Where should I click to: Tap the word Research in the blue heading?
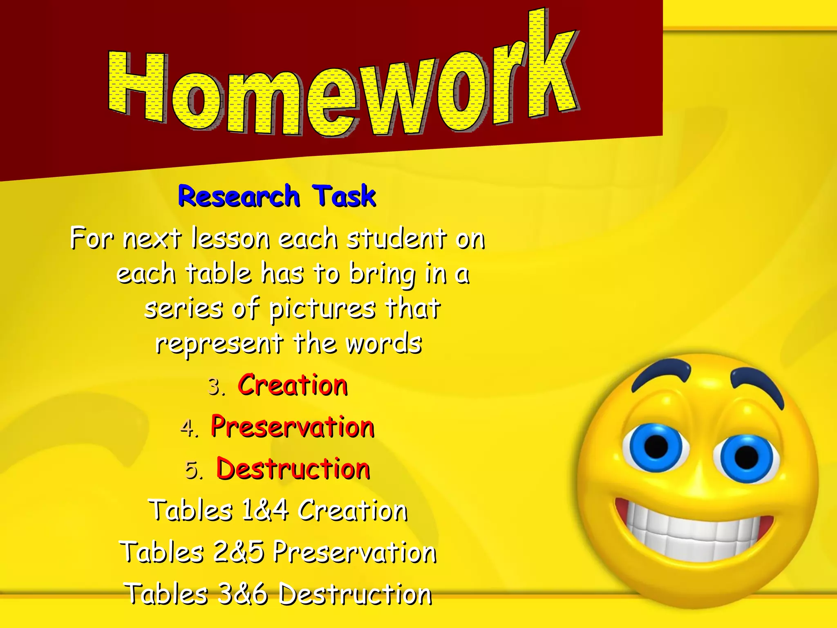(239, 196)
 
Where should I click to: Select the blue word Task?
(344, 196)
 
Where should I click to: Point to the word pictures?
(322, 310)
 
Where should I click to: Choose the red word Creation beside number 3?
(293, 385)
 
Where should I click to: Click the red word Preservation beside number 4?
(293, 427)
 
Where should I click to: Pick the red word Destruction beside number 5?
(293, 469)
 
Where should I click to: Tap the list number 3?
(215, 387)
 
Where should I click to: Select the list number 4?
(188, 428)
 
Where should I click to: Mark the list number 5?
(193, 471)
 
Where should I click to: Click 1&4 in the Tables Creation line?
(265, 511)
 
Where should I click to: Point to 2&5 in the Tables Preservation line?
(238, 552)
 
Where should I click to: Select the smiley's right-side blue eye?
(747, 457)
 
